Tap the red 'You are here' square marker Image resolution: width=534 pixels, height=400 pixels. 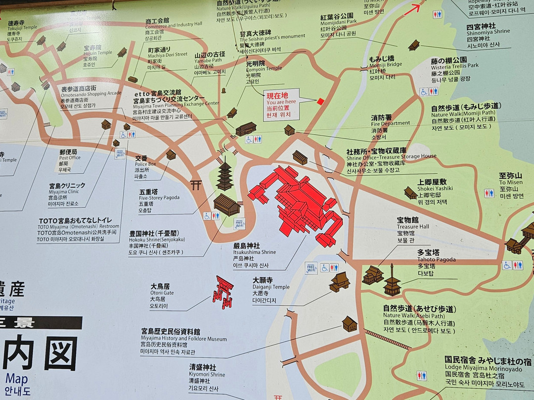(x=320, y=101)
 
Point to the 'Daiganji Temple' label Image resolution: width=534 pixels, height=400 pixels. (x=270, y=287)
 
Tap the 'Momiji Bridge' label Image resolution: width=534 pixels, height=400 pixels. (x=385, y=65)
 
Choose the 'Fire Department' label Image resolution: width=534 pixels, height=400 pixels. (x=391, y=123)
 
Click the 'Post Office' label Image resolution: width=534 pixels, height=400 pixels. (x=69, y=157)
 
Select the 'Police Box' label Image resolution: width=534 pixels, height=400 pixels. (x=145, y=164)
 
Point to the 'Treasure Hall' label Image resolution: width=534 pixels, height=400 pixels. (x=413, y=226)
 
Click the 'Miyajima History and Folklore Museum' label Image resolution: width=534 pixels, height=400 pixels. (x=183, y=339)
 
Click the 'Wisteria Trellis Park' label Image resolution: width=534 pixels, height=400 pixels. (x=454, y=65)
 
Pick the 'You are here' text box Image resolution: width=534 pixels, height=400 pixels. (x=281, y=105)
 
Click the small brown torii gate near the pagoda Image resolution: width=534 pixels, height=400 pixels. (x=196, y=185)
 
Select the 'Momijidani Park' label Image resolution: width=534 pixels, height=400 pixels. (x=338, y=22)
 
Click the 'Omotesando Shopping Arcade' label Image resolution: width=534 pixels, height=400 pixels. (x=91, y=93)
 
